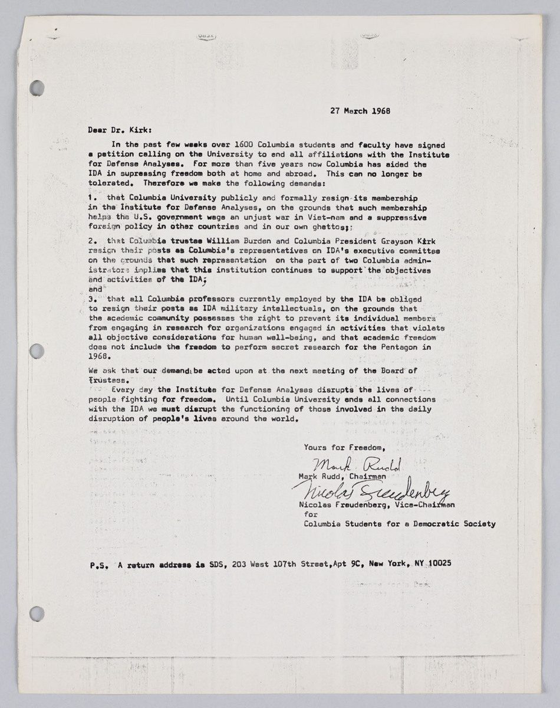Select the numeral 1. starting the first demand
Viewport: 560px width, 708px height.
coord(93,198)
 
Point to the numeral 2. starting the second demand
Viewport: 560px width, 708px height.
coord(93,241)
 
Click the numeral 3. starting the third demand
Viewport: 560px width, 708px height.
coord(93,299)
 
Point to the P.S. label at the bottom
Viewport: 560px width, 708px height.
coord(97,565)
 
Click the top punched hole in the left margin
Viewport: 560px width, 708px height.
coord(37,88)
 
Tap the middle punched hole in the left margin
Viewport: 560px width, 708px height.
coord(37,351)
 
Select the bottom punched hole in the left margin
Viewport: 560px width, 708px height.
coord(37,614)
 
